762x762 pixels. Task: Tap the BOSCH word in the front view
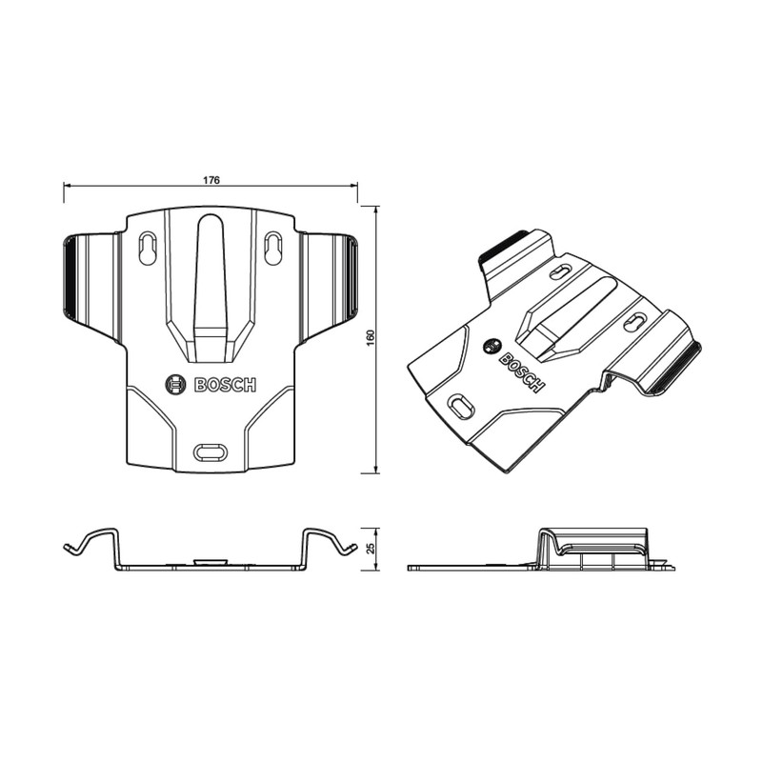tap(225, 385)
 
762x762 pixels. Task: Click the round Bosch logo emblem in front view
tap(177, 385)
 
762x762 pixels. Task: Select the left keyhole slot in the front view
tap(148, 248)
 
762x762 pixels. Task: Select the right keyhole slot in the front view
tap(273, 248)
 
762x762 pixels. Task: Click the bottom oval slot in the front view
tap(211, 450)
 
